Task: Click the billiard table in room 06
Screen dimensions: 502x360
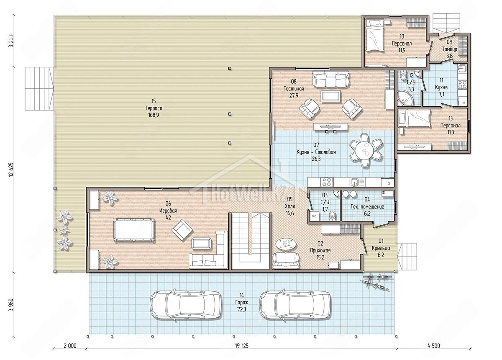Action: (134, 230)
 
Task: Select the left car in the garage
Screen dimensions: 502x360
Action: (186, 306)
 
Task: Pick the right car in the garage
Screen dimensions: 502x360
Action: (295, 306)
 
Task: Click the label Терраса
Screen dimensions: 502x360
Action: (154, 108)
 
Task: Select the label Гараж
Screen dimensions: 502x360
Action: (242, 302)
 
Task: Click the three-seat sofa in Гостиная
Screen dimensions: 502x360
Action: (330, 79)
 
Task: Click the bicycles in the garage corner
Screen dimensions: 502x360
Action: (376, 282)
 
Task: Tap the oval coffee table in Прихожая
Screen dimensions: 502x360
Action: (285, 243)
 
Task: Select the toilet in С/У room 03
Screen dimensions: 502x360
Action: (332, 216)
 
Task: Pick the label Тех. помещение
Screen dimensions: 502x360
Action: (367, 206)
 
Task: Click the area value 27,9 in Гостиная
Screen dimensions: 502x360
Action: (294, 95)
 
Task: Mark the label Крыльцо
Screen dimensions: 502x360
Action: (381, 248)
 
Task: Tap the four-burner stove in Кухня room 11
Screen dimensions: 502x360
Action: (462, 85)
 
